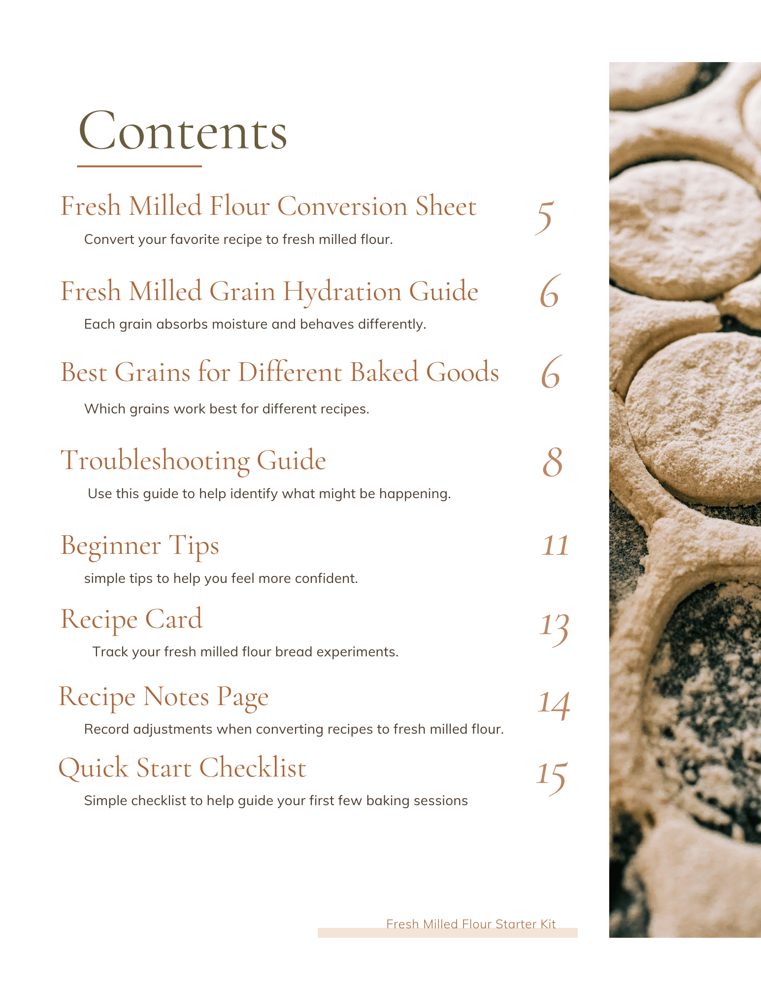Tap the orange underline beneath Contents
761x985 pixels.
point(139,167)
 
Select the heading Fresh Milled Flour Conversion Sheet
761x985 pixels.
point(268,206)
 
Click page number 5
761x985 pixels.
point(545,217)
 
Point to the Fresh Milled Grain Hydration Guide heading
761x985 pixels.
point(269,291)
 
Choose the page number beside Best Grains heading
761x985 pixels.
point(551,373)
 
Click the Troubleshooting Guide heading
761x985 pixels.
point(193,461)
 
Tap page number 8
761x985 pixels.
point(552,463)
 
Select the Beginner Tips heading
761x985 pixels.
point(139,546)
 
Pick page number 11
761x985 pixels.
point(555,546)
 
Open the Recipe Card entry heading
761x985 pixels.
point(131,619)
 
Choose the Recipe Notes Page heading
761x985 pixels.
point(164,697)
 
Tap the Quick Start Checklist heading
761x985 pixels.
point(182,768)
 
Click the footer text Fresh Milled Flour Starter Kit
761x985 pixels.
point(471,924)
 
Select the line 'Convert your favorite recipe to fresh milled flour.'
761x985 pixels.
point(238,239)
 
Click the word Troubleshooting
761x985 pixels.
point(155,461)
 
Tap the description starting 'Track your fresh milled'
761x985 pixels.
point(245,652)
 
